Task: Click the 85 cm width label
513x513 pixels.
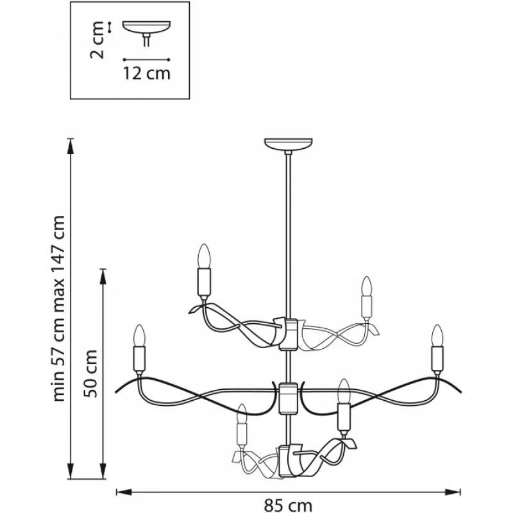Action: coord(288,505)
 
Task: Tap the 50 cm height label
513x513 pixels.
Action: coord(90,374)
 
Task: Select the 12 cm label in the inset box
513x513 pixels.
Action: coord(147,73)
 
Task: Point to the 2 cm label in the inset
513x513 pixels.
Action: coord(97,40)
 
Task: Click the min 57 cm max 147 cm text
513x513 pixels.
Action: coord(59,308)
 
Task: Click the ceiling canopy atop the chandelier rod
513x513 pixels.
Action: coord(288,144)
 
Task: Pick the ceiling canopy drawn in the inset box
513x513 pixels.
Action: coord(147,28)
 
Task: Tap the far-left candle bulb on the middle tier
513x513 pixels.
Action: coord(139,335)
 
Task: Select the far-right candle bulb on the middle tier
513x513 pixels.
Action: coord(437,335)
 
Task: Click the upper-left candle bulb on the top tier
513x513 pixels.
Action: coord(204,255)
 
